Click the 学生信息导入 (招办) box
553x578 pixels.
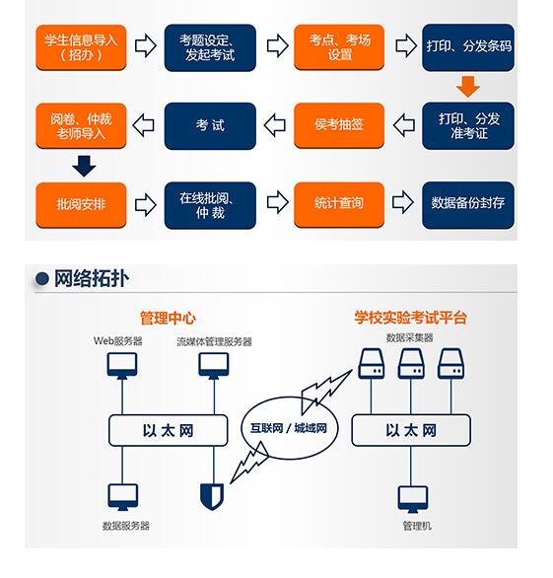(x=81, y=47)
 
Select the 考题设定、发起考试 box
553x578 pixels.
(x=210, y=47)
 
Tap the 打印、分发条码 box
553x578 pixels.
(x=468, y=47)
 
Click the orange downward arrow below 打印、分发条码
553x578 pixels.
(x=468, y=87)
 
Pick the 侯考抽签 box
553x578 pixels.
(x=339, y=125)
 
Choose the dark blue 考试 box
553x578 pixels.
(x=210, y=125)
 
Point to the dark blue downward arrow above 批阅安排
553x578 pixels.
(x=84, y=166)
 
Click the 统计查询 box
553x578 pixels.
(x=339, y=204)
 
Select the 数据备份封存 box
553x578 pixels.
(x=468, y=204)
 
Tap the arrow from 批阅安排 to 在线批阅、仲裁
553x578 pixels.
(x=146, y=204)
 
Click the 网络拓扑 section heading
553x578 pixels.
(x=92, y=278)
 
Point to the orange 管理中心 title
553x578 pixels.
(x=168, y=319)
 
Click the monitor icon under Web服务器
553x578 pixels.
(x=122, y=365)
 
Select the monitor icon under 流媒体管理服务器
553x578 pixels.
(x=214, y=365)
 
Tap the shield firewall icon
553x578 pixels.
(x=212, y=497)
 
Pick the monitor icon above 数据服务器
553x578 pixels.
(x=123, y=497)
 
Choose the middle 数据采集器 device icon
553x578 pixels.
(x=411, y=363)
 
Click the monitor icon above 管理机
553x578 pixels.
(x=413, y=499)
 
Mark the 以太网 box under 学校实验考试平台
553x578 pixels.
(x=411, y=430)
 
